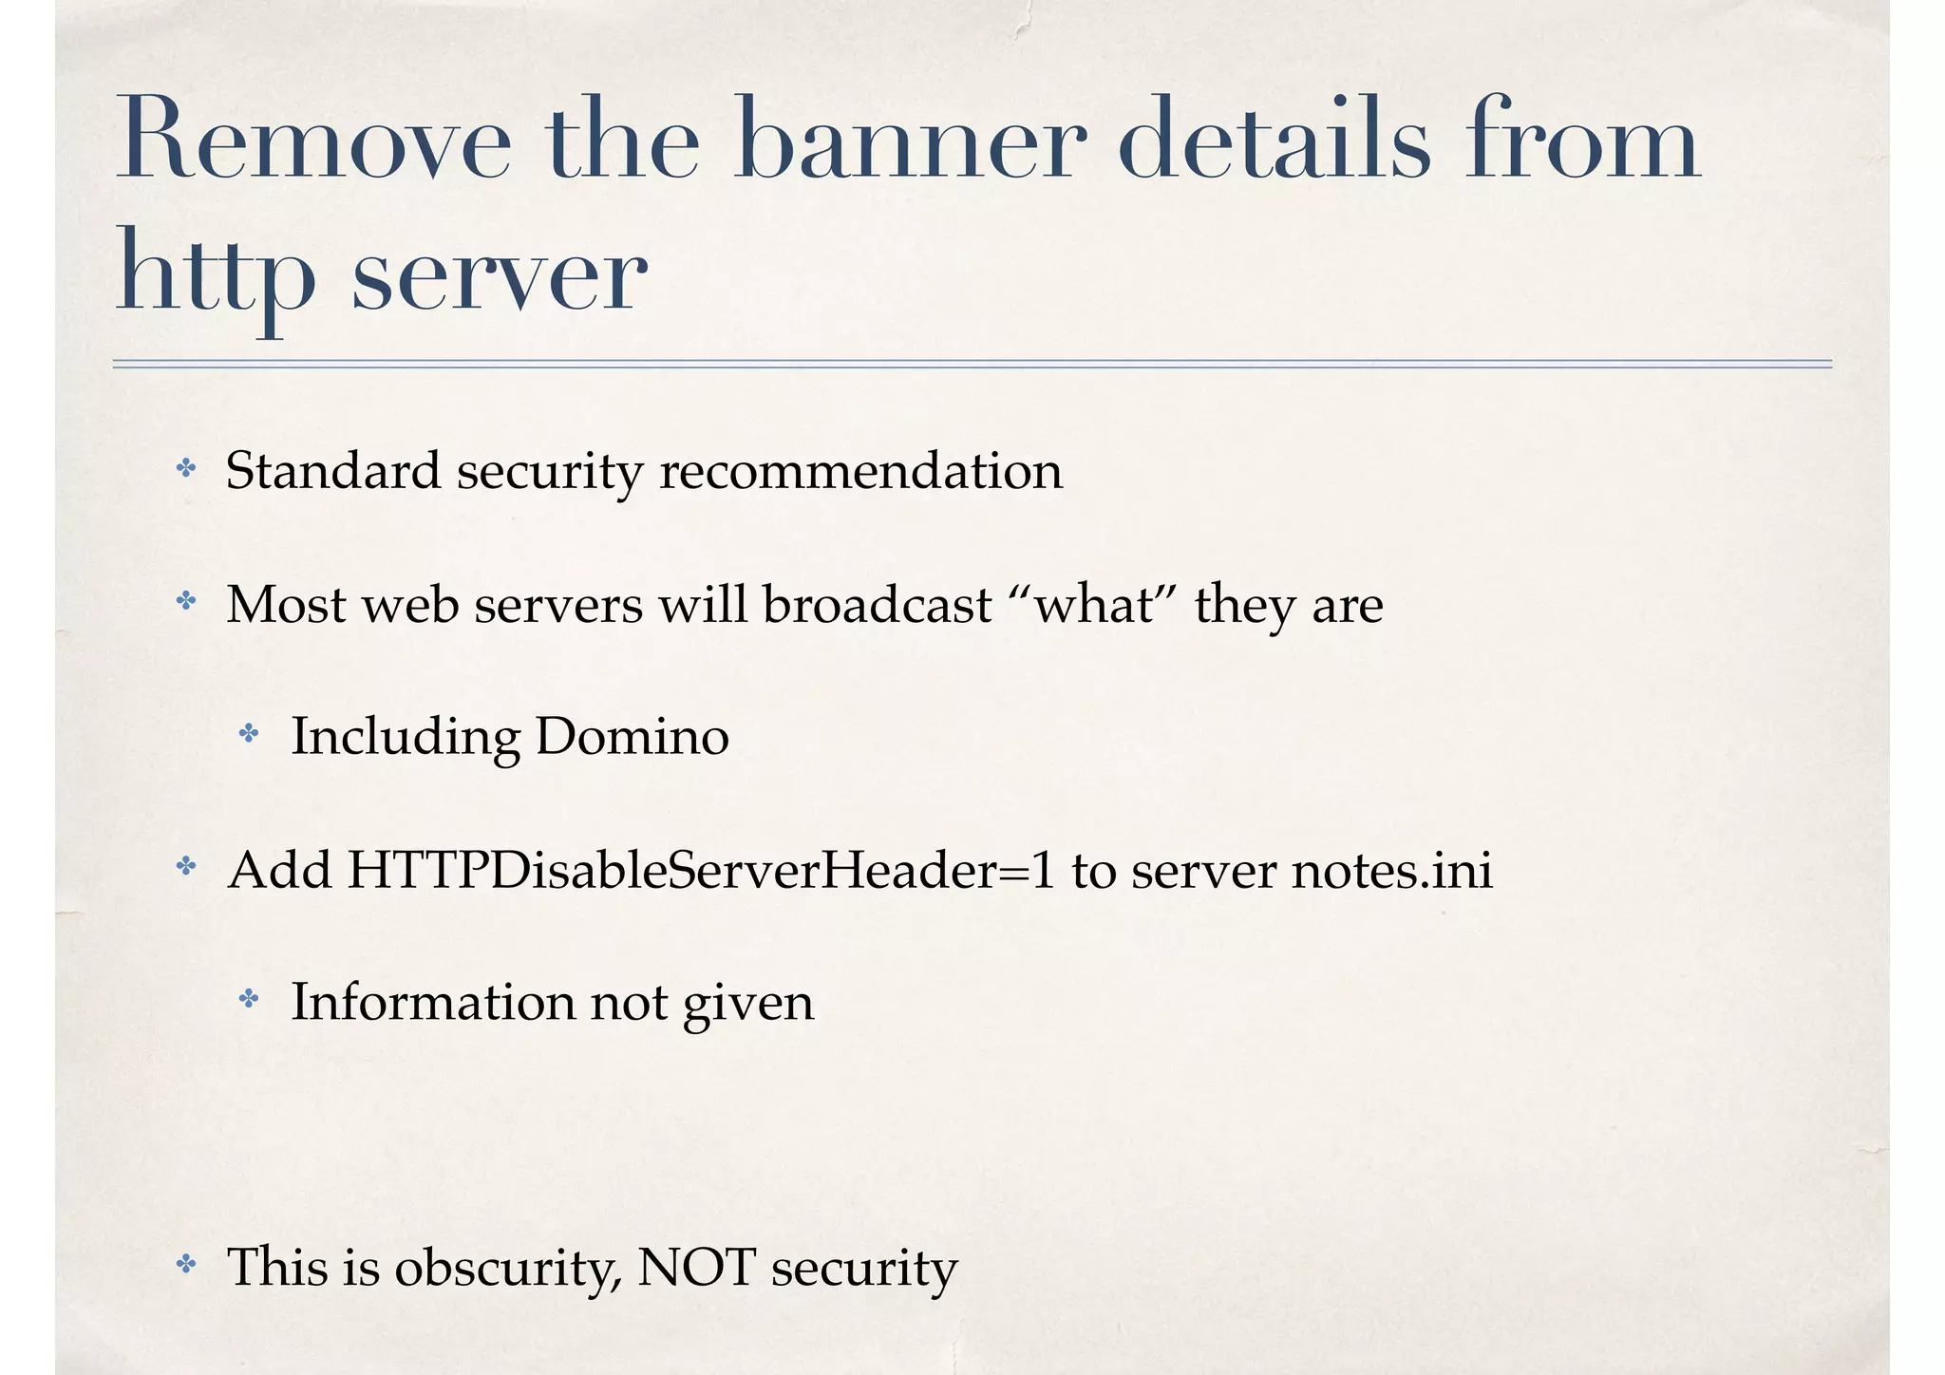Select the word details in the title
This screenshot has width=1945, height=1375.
click(1273, 140)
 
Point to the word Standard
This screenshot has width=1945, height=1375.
click(333, 471)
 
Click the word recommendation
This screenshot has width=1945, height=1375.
click(860, 471)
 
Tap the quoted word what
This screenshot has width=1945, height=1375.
click(1093, 604)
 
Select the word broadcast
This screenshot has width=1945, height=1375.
click(877, 604)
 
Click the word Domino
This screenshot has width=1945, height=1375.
click(632, 737)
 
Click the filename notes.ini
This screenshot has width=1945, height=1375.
click(1392, 870)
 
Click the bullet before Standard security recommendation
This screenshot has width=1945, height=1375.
click(186, 467)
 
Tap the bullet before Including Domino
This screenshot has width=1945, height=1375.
click(249, 733)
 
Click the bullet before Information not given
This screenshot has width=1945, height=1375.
click(249, 998)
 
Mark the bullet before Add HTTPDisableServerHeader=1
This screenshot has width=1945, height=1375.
click(186, 866)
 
